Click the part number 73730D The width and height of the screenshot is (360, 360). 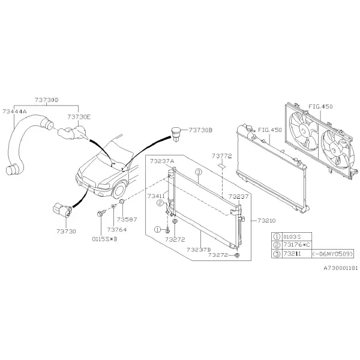tap(47, 100)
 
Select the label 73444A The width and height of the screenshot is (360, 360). tap(14, 112)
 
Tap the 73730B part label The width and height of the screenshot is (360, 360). tap(200, 130)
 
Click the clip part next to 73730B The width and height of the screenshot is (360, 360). tap(176, 134)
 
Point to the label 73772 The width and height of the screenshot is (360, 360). tap(222, 156)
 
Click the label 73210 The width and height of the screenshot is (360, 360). tap(266, 221)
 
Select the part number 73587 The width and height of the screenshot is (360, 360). tap(127, 220)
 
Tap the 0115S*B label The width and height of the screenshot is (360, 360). tap(104, 239)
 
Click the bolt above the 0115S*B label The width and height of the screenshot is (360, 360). tap(101, 213)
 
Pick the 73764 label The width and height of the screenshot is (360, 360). tap(117, 230)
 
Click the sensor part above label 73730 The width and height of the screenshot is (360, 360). tap(62, 209)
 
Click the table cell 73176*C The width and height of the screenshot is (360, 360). tap(296, 245)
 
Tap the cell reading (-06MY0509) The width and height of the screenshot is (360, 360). tap(332, 254)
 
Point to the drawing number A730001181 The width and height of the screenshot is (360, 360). tap(341, 268)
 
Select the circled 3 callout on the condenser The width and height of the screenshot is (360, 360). tap(199, 172)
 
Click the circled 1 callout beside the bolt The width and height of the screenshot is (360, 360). tap(157, 229)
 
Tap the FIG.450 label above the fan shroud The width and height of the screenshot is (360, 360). tap(320, 107)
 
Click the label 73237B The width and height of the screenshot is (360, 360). tap(199, 250)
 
